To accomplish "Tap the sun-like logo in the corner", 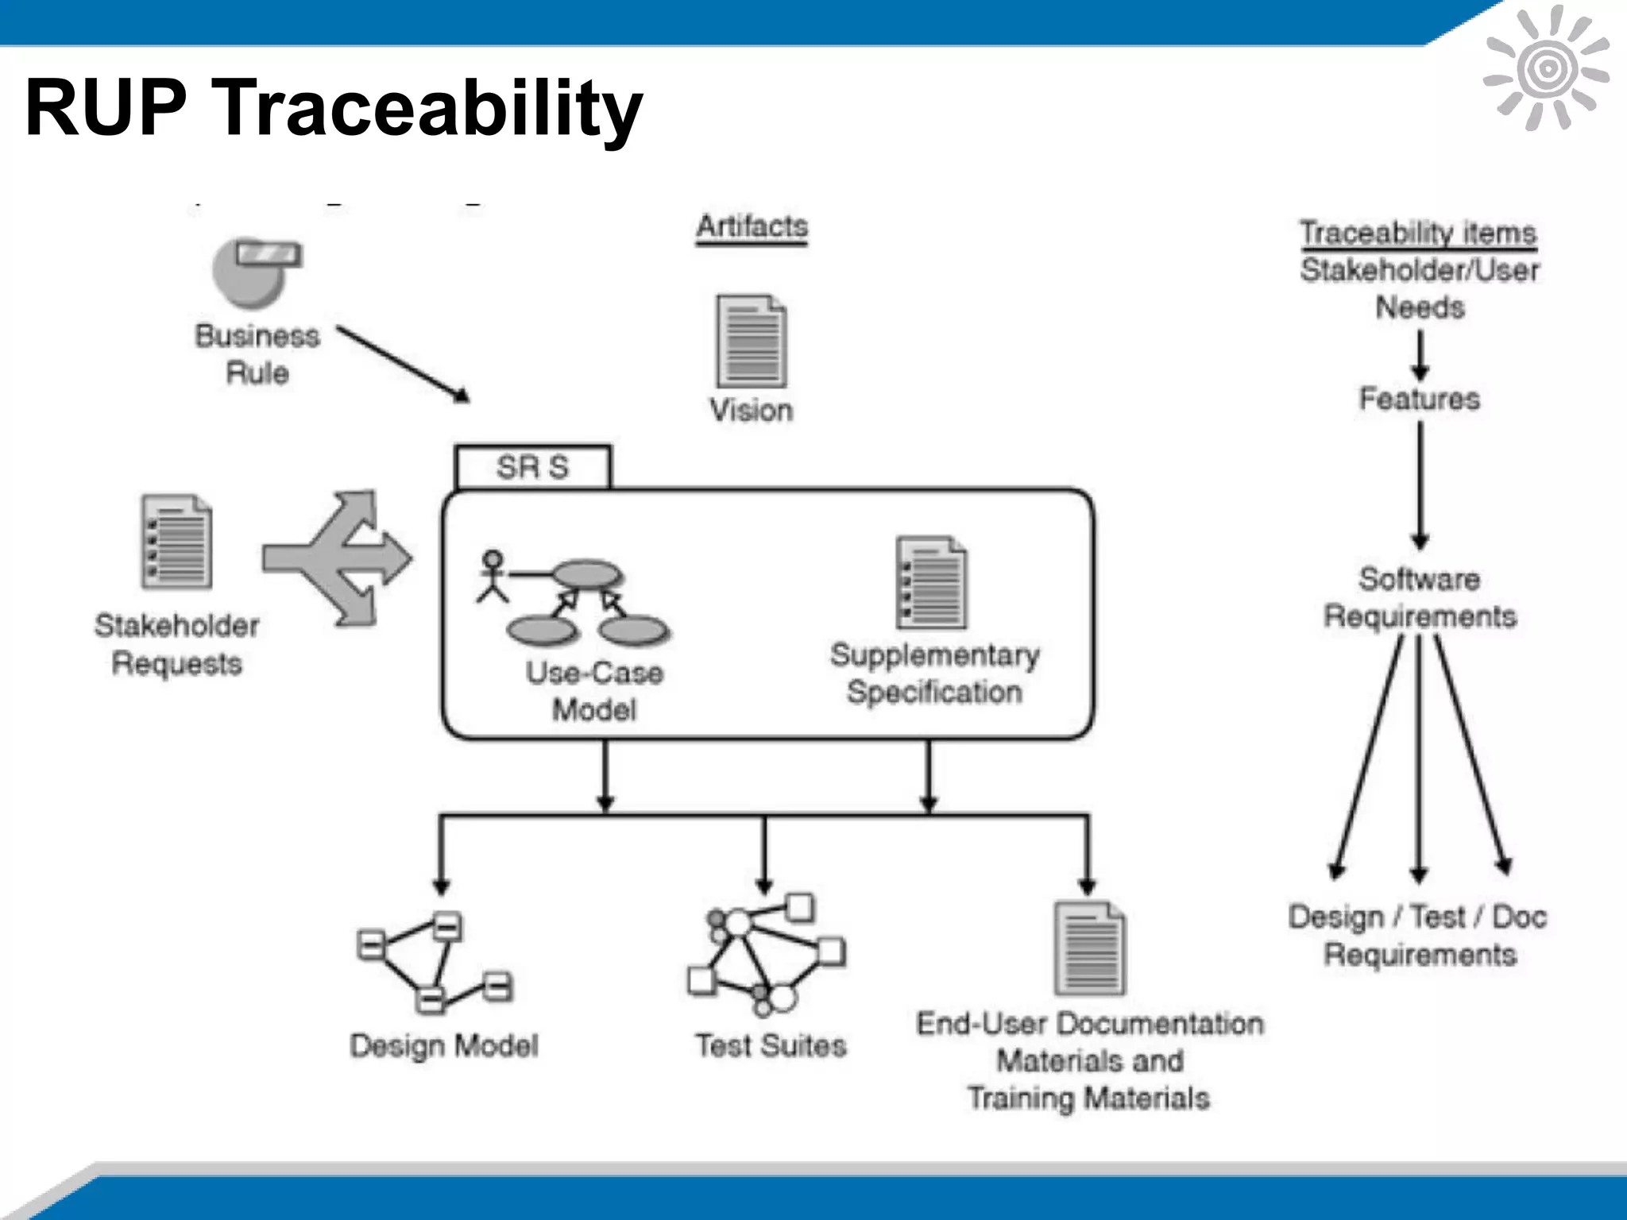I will (1546, 68).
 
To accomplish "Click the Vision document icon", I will (751, 341).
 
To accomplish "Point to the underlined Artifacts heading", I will (752, 226).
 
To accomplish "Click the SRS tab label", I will (532, 467).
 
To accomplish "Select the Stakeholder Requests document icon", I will (176, 542).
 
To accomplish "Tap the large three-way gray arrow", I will (338, 558).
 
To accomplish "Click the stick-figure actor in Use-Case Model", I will (493, 576).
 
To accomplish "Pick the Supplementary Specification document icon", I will (931, 582).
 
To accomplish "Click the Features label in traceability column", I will (1419, 399).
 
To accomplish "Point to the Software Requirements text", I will (1419, 597).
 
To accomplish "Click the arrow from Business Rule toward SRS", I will (404, 364).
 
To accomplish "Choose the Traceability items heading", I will (1418, 233).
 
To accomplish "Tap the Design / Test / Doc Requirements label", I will (1418, 935).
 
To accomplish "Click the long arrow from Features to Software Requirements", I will (1420, 485).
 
